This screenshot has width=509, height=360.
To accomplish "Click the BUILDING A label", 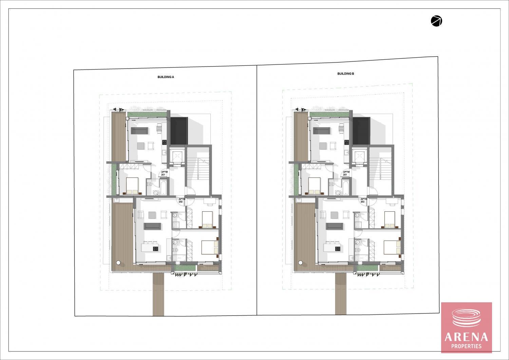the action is click(166, 77).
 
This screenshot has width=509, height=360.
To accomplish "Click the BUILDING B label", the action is click(346, 74).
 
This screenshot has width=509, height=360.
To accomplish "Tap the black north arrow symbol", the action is click(436, 21).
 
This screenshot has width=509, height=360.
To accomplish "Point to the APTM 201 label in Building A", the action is click(164, 173).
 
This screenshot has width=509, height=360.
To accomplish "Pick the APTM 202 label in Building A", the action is click(182, 200).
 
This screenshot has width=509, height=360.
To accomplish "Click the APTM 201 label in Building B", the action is click(346, 173).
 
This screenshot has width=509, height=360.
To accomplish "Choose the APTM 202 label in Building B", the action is click(363, 200).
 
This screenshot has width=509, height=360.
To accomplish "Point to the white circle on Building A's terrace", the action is click(118, 263).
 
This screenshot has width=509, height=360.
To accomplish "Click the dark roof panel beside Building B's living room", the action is click(361, 131).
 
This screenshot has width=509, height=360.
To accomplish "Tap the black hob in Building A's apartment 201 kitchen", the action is click(164, 143).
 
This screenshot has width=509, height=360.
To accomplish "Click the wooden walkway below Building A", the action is click(158, 294).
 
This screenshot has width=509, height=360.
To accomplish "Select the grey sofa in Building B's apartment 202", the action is click(334, 226).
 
